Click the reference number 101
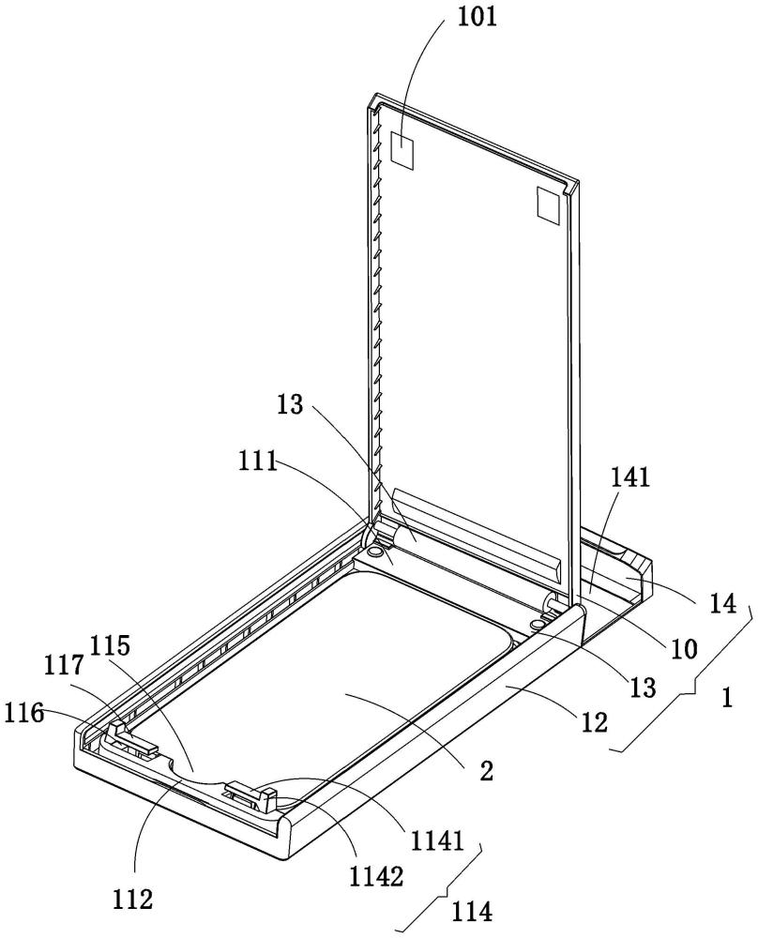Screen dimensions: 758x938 [478, 16]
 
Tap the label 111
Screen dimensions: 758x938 [258, 462]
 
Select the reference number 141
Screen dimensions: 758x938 [629, 477]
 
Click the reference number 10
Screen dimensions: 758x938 [684, 648]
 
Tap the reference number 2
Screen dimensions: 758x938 [487, 772]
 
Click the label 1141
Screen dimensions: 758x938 [437, 841]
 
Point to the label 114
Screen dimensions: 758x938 [473, 913]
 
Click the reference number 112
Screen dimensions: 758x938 [133, 900]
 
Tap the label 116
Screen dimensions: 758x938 [24, 713]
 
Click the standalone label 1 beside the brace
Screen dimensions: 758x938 [726, 698]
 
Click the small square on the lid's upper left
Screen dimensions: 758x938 [402, 148]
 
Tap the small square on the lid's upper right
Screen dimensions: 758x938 [548, 206]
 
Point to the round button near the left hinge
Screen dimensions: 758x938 [376, 551]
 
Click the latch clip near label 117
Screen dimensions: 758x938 [133, 738]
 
